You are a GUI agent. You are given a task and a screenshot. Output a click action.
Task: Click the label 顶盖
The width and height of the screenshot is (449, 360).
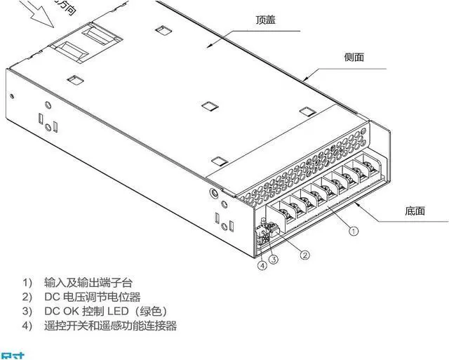coord(265,20)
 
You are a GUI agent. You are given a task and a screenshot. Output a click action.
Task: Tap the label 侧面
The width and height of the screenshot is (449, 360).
coord(354,58)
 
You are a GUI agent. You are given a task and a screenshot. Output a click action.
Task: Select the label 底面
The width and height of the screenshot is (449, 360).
coord(415,210)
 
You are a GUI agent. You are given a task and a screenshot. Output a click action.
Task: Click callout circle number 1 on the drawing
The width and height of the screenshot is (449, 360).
coord(354,229)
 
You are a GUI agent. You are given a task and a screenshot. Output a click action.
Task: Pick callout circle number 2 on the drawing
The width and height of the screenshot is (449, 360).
coord(304,255)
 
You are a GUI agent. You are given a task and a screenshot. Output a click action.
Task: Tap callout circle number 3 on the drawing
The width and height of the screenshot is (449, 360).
coord(274,260)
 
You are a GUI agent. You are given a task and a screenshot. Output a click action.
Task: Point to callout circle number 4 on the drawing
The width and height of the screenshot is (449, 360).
coord(262,265)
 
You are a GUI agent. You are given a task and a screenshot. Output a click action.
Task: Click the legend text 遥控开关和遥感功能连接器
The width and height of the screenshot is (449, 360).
coord(110,326)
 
